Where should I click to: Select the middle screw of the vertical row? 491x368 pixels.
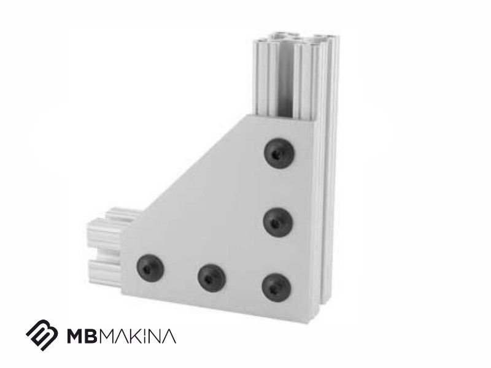(x=278, y=222)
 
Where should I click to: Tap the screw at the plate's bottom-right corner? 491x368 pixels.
(x=276, y=287)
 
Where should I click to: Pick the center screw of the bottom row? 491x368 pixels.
(x=212, y=278)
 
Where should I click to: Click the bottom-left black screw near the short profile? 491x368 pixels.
(x=150, y=268)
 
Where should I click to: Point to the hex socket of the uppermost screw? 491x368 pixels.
(x=276, y=154)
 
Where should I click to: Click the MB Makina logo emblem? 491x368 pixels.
(x=42, y=335)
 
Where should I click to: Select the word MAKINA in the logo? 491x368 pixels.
(x=139, y=336)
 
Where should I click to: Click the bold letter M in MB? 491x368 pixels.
(x=76, y=336)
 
